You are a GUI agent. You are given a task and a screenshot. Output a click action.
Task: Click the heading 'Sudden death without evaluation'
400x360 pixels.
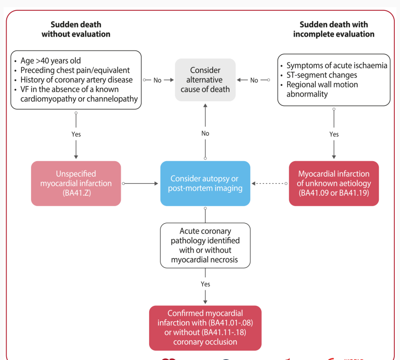point(76,29)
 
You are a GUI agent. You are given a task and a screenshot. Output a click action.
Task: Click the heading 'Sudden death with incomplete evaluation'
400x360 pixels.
point(333,29)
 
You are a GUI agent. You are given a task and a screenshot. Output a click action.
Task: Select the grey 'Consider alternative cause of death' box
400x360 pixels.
point(205,80)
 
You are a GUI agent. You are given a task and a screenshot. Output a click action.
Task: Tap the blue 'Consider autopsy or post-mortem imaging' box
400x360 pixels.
point(205,183)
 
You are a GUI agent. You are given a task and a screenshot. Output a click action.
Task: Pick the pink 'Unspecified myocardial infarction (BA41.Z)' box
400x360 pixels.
point(76,183)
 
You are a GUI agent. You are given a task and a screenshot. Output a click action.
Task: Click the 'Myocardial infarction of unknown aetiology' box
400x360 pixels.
point(333,183)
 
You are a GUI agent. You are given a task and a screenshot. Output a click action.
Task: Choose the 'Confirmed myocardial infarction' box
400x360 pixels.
point(205,328)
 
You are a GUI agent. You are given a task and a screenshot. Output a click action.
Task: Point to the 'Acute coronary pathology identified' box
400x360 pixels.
point(205,245)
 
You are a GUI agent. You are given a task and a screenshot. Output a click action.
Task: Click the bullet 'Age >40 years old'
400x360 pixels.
point(51,61)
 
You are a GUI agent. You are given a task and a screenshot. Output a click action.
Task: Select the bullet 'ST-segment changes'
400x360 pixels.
point(322,75)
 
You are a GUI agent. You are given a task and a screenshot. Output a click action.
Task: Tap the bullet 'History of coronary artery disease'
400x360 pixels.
point(76,80)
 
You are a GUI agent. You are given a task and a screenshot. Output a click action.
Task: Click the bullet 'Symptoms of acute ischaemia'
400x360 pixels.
point(337,66)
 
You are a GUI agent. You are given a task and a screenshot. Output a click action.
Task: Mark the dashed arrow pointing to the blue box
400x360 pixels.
point(269,183)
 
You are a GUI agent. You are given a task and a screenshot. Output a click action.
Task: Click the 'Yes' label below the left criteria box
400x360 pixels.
point(76,134)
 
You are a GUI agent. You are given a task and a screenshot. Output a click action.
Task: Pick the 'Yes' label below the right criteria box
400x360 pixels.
point(334,134)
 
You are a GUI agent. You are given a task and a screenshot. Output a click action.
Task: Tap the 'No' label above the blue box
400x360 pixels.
point(205,133)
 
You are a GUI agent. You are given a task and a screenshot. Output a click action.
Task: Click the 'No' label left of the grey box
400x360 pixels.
point(157,80)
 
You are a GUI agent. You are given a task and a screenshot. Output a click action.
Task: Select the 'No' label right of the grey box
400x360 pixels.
point(254,80)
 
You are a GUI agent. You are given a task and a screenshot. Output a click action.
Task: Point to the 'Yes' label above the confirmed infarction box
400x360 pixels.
point(205,284)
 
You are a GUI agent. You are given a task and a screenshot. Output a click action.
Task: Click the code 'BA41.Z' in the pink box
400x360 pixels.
point(76,193)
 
